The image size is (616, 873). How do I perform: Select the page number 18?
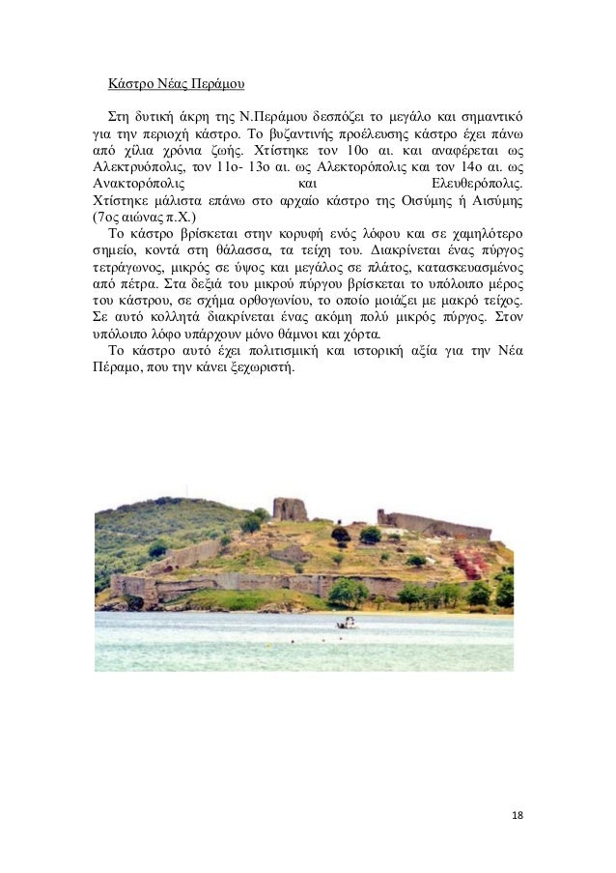pos(517,816)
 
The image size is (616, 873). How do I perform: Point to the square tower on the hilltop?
pos(289,509)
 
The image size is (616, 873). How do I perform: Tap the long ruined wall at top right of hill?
pos(434,524)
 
